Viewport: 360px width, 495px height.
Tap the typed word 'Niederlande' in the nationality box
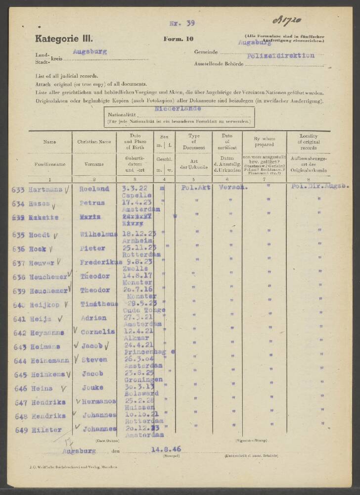[x=178, y=107]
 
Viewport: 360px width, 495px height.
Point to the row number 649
[x=22, y=430]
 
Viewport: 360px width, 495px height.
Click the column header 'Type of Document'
[x=194, y=141]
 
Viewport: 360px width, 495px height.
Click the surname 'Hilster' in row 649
[x=47, y=430]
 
